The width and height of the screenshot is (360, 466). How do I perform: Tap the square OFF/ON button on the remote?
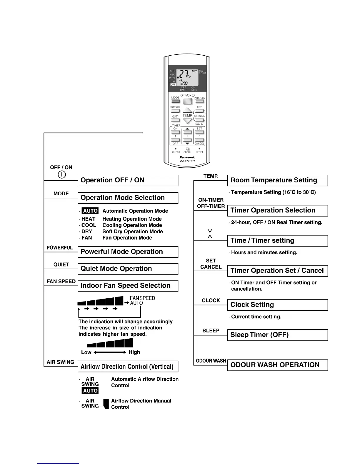187,101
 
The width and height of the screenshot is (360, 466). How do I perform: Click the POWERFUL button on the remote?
175,111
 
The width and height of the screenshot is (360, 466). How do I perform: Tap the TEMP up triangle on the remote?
187,110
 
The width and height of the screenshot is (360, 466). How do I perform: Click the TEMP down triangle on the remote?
187,121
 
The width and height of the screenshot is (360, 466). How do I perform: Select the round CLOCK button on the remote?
187,149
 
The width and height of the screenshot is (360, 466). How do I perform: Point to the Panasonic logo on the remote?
187,157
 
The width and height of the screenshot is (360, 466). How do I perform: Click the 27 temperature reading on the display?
184,74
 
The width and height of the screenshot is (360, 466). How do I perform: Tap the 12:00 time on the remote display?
184,83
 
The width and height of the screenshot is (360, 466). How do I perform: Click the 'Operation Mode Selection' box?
128,198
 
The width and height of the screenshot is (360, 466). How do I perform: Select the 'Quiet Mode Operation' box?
128,269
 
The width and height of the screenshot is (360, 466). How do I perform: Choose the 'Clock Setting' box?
277,305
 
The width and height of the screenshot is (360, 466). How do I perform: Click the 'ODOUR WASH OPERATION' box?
277,365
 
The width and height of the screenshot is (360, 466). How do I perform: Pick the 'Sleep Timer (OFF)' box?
277,335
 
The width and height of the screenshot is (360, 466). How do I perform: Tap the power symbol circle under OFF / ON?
61,175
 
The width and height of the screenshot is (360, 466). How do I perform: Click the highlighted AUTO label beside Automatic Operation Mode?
90,211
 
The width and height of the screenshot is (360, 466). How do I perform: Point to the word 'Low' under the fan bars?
86,352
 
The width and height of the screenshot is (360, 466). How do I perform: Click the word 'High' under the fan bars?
134,352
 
